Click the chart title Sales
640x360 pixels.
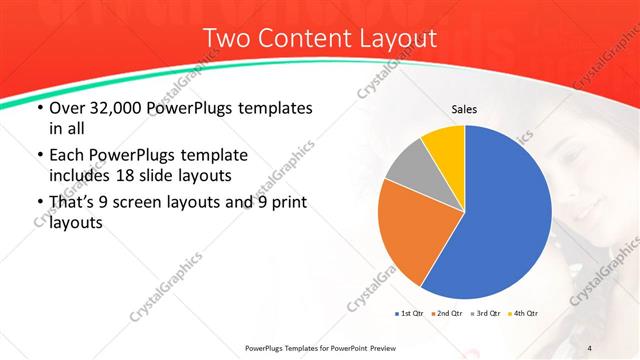coord(464,109)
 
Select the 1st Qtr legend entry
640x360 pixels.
coord(408,314)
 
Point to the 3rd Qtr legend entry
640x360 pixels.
coord(485,314)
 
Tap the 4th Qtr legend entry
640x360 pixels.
coord(523,314)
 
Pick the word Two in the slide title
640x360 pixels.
coord(226,39)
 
